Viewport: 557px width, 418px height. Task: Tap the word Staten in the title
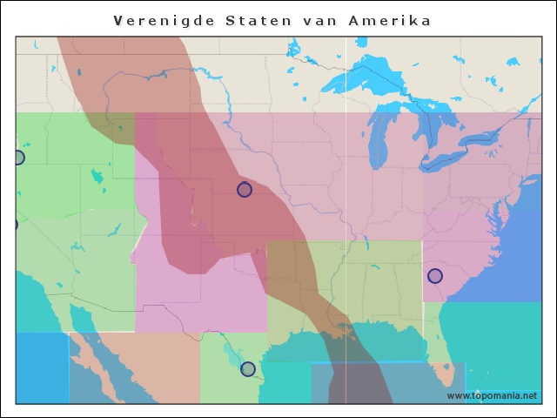[x=258, y=20]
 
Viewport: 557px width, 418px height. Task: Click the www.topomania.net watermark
[x=492, y=395]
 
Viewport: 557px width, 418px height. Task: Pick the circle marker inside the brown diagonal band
[x=245, y=190]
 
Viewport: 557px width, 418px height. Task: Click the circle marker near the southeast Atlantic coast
[x=435, y=276]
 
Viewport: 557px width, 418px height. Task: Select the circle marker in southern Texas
[x=248, y=369]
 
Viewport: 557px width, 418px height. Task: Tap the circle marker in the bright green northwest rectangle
[x=17, y=158]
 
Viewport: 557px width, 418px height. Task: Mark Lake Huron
[x=428, y=131]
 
